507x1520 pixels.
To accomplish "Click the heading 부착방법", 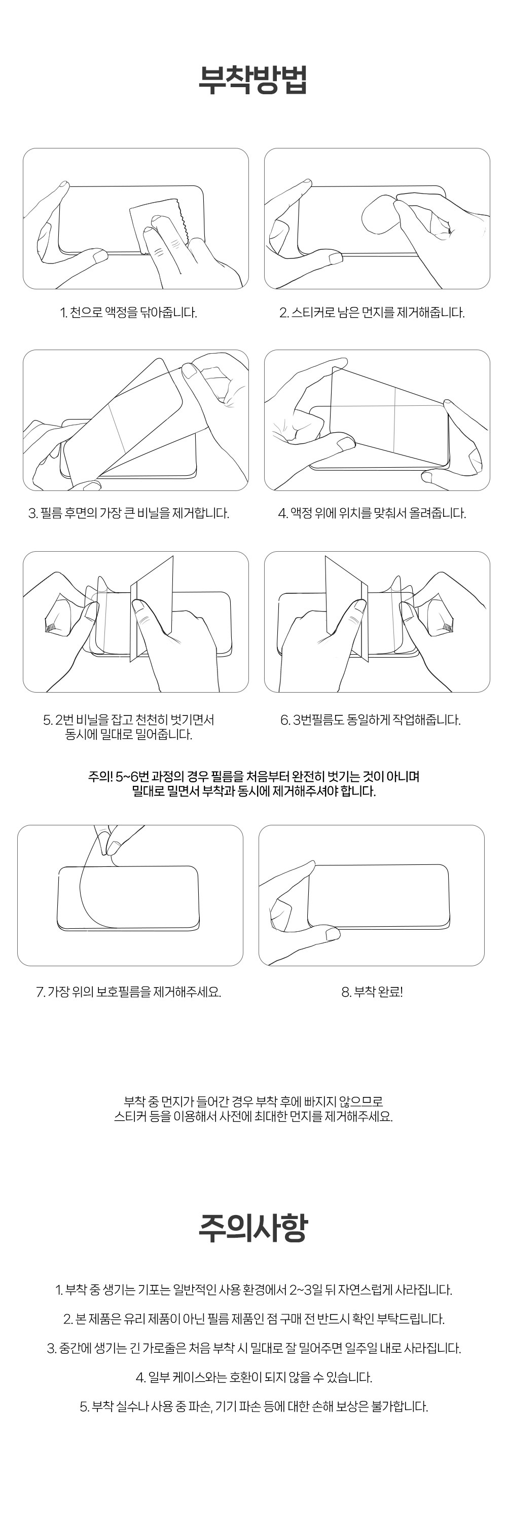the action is click(252, 80).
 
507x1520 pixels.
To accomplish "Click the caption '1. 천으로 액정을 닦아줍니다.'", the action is click(129, 313).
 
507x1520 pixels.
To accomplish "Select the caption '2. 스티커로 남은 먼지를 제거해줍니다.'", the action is click(372, 313).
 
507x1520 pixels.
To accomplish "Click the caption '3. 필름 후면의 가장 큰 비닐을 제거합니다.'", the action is click(129, 513).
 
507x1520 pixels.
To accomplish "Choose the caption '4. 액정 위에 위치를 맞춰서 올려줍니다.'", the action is click(372, 513).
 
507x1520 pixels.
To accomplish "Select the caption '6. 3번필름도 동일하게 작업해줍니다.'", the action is click(370, 720).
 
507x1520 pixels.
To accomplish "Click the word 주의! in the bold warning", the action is click(100, 777).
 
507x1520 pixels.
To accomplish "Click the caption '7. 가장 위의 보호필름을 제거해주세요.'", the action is click(129, 992).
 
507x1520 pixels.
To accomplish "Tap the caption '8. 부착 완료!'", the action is click(372, 992).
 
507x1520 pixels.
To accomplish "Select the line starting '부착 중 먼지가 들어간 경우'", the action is click(253, 1101).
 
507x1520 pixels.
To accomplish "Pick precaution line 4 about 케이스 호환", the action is click(253, 1377).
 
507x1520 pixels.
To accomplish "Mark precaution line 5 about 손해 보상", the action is click(253, 1406).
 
